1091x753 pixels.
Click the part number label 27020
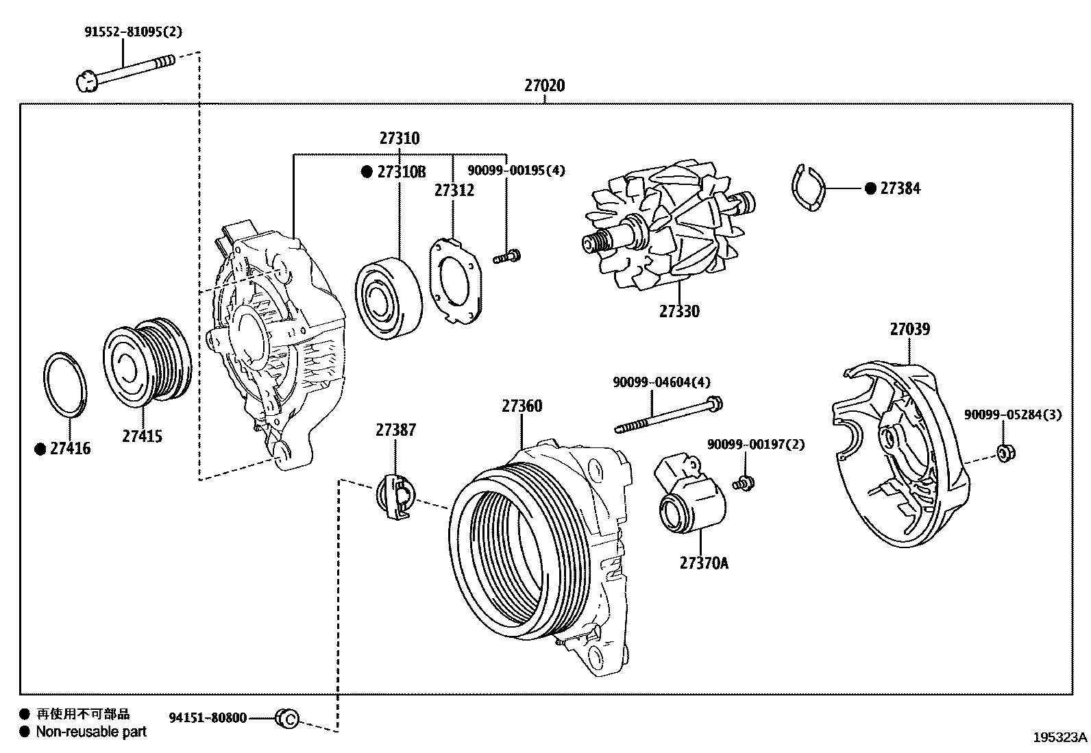[545, 86]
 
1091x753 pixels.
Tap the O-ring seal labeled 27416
[65, 384]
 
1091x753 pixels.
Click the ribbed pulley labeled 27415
[146, 359]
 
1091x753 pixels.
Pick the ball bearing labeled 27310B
[389, 298]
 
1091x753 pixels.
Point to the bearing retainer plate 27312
[456, 280]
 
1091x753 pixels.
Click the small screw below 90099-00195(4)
[506, 258]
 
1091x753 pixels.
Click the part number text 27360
[522, 406]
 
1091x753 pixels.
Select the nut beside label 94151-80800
[286, 719]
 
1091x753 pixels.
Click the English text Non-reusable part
[91, 732]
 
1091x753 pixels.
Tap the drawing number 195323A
[1059, 737]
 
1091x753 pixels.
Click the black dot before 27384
[870, 188]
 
